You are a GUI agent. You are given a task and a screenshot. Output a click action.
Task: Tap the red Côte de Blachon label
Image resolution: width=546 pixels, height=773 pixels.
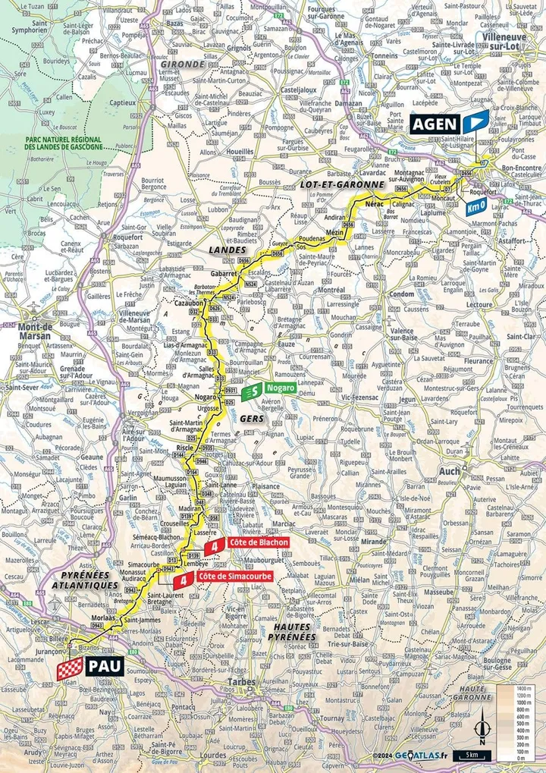258,543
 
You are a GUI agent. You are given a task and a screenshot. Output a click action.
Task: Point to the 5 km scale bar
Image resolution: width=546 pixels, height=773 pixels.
471,756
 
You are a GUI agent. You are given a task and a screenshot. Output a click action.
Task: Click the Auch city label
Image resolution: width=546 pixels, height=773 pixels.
450,471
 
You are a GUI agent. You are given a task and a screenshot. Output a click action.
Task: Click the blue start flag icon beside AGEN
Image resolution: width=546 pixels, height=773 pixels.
475,121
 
